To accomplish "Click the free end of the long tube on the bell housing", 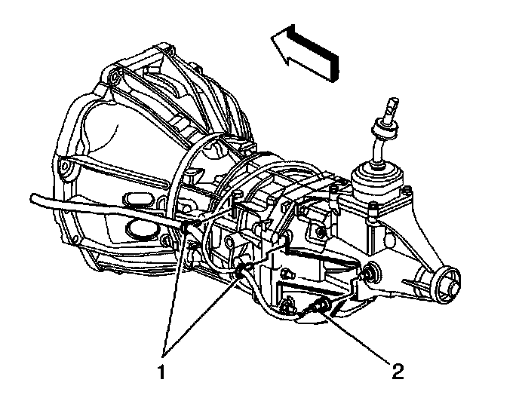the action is click(35, 198).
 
